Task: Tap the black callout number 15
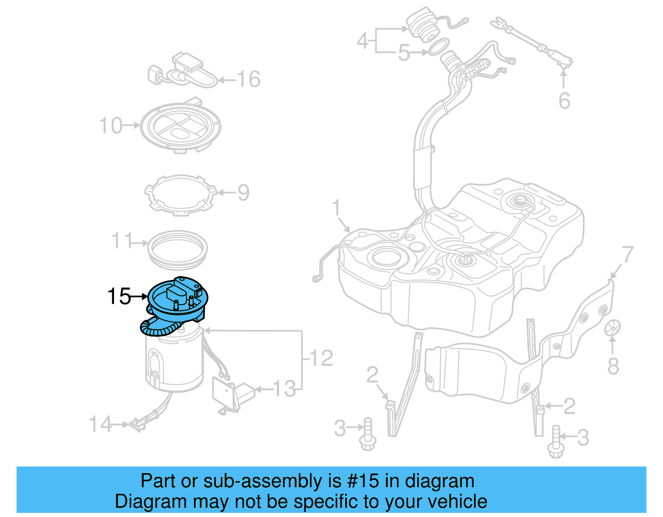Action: (x=119, y=296)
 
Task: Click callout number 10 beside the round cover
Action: (x=111, y=125)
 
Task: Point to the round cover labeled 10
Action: (x=181, y=127)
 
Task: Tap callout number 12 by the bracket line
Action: (x=321, y=358)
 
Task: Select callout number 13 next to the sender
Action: (x=285, y=389)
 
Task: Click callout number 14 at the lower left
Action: (x=101, y=424)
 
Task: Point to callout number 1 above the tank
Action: (x=336, y=208)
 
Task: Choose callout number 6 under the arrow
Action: (x=564, y=101)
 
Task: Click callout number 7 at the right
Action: (x=627, y=254)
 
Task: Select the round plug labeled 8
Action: (x=612, y=328)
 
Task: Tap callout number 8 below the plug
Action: (x=613, y=366)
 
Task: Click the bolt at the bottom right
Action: (x=556, y=442)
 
